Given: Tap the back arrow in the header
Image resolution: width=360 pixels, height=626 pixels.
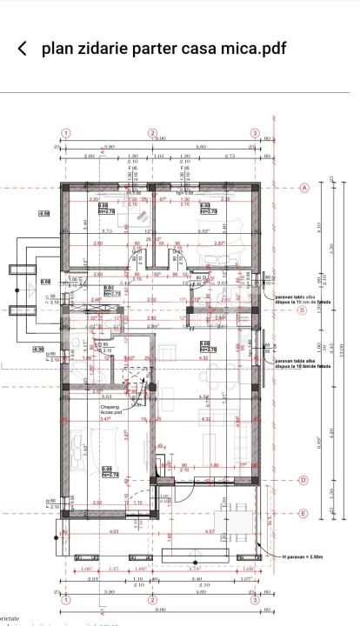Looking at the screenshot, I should [23, 49].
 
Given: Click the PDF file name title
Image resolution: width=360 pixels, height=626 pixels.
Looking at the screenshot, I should [163, 49].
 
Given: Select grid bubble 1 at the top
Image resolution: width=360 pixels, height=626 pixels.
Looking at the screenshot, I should [65, 133].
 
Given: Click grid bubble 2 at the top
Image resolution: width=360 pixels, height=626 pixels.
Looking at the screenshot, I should [152, 133].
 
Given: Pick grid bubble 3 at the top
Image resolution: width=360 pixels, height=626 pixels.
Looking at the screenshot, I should [255, 133].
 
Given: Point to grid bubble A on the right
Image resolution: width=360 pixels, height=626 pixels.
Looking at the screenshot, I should [304, 188].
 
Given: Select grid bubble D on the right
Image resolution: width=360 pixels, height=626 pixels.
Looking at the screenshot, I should [303, 480].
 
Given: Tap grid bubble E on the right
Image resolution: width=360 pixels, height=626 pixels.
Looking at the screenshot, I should [303, 513].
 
